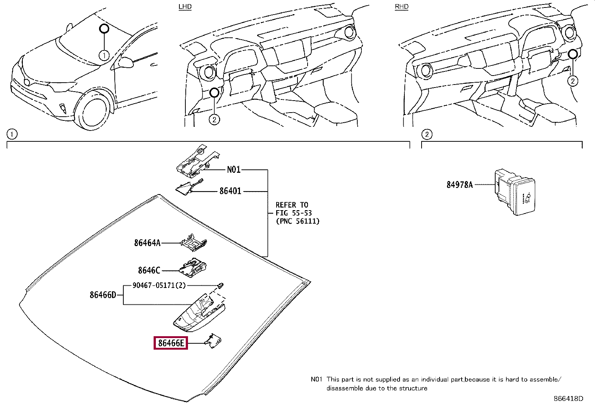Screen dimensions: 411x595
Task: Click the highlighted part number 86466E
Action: tap(171, 343)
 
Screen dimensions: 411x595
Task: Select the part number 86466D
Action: tap(103, 295)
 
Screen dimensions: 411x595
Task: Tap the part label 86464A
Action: tap(147, 243)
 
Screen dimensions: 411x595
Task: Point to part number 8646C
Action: tap(149, 270)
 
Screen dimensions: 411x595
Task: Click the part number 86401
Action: tap(230, 191)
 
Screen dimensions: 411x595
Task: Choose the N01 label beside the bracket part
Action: tap(234, 170)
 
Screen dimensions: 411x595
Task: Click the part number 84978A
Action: tap(459, 185)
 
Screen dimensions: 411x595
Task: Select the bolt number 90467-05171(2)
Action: tap(159, 285)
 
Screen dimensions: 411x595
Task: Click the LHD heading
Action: tap(185, 7)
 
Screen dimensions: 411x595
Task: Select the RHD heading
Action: tap(402, 7)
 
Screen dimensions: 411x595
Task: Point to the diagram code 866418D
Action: tap(568, 399)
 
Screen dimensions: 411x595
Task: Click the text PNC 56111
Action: tap(298, 221)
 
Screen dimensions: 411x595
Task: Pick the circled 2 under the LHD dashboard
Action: tap(214, 120)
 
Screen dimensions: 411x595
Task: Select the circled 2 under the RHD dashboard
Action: tap(573, 81)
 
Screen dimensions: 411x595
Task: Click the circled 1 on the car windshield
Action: tap(104, 56)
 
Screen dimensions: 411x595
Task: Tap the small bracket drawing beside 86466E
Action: tap(213, 341)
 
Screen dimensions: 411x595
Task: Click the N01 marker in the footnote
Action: tap(316, 379)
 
